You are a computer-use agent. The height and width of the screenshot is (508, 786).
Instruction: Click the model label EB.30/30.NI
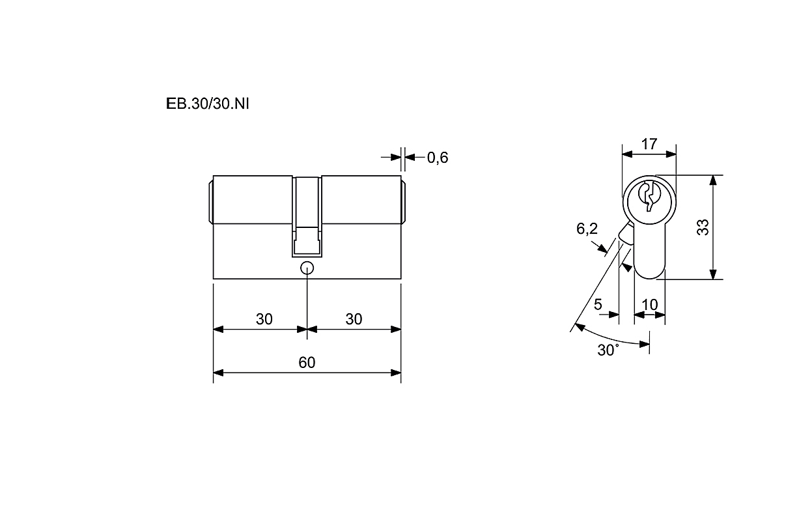[x=207, y=104]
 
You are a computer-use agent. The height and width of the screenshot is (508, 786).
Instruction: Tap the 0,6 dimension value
[x=438, y=158]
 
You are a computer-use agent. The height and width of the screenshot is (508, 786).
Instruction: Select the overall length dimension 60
[x=307, y=362]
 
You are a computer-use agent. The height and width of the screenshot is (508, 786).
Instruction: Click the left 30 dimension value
[x=264, y=319]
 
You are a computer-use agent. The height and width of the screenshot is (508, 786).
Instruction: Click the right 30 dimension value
[x=354, y=319]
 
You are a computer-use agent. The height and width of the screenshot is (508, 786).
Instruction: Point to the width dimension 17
[x=649, y=144]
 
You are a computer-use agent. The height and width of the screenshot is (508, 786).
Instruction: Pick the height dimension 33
[x=703, y=227]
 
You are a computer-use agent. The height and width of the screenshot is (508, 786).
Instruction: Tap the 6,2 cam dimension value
[x=587, y=229]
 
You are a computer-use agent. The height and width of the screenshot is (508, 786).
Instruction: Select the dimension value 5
[x=598, y=304]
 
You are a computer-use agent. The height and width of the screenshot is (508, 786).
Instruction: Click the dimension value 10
[x=649, y=305]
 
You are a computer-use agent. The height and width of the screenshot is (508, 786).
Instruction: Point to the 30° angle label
[x=608, y=350]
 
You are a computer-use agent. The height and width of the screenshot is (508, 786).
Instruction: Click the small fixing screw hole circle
[x=307, y=268]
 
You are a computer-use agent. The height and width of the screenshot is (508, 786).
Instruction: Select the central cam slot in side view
[x=307, y=217]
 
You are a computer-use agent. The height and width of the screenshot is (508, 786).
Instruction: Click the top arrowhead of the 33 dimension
[x=712, y=180]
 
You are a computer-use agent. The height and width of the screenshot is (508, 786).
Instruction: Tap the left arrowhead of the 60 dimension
[x=218, y=373]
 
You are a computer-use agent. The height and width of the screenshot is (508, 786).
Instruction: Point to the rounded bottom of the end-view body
[x=649, y=279]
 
